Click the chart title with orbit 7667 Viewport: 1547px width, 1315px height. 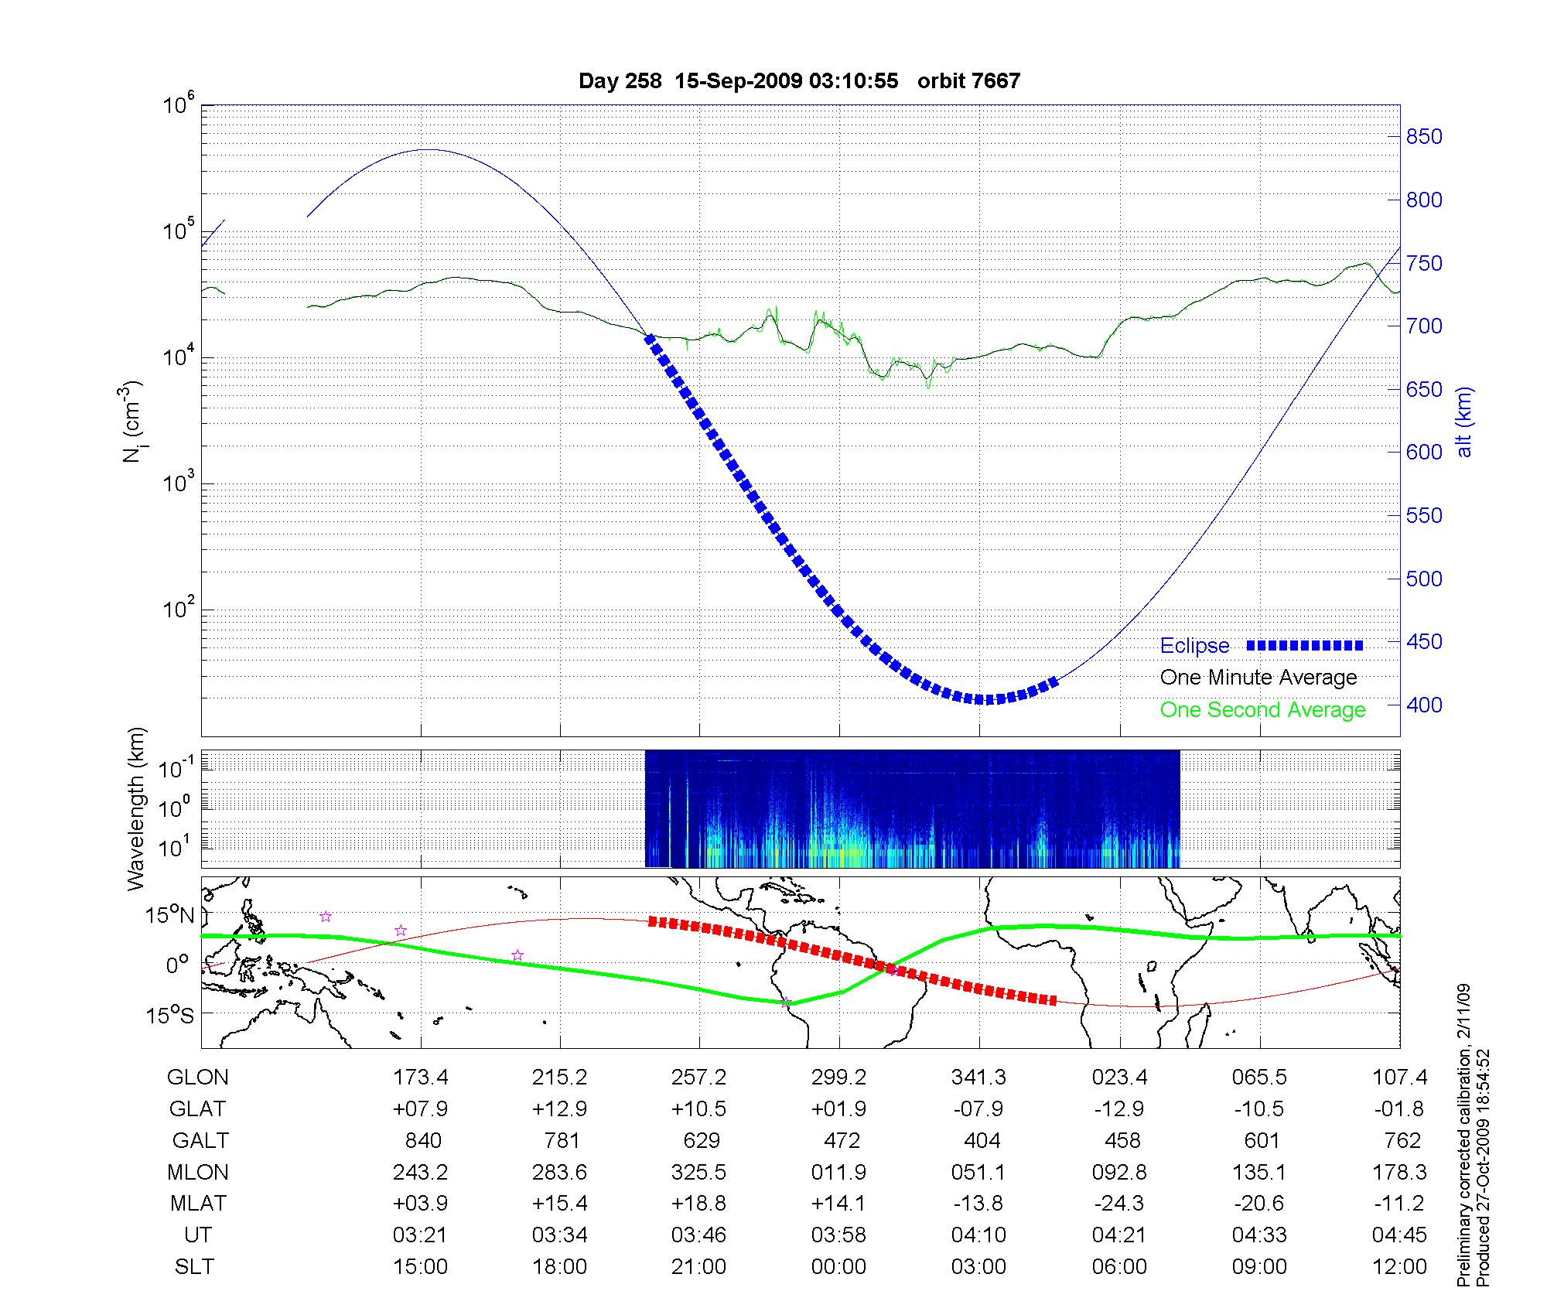tap(799, 81)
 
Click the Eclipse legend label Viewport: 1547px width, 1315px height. tap(1194, 646)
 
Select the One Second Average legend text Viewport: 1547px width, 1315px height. tap(1262, 710)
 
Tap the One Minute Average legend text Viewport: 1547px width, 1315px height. tap(1258, 678)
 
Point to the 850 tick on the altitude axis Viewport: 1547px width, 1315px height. tap(1424, 137)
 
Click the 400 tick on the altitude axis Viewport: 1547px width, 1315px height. tap(1424, 705)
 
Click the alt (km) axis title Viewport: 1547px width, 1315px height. tap(1464, 422)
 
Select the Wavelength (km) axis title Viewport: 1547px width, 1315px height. tap(136, 809)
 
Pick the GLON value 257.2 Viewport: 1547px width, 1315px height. tap(698, 1078)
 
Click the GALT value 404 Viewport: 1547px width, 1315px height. tap(982, 1141)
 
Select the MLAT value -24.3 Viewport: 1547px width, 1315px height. tap(1118, 1204)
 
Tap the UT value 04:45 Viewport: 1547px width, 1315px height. tap(1399, 1235)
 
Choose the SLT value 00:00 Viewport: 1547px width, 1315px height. tap(839, 1267)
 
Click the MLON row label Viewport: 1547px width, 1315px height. tap(198, 1173)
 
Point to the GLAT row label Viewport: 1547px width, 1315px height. tap(198, 1109)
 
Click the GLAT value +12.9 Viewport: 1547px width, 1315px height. tap(559, 1109)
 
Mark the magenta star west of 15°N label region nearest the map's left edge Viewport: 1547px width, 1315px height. tap(326, 917)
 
